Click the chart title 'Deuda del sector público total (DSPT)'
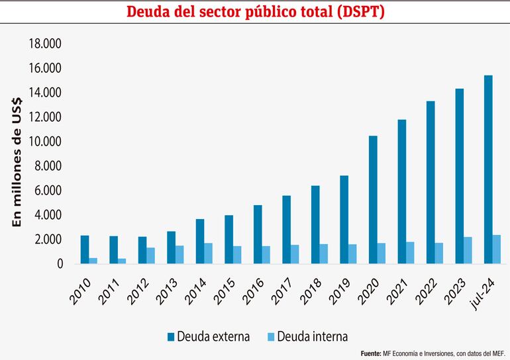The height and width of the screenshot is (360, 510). [254, 12]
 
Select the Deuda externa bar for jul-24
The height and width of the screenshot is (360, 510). [488, 169]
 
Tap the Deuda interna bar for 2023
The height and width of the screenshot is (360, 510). [468, 250]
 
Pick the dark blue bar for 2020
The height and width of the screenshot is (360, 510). [373, 200]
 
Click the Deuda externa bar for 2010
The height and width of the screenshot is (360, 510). [85, 249]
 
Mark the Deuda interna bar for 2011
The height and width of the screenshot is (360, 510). [122, 261]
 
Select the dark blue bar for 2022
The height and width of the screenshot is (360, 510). [431, 183]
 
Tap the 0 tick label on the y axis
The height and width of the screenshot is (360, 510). [59, 264]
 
